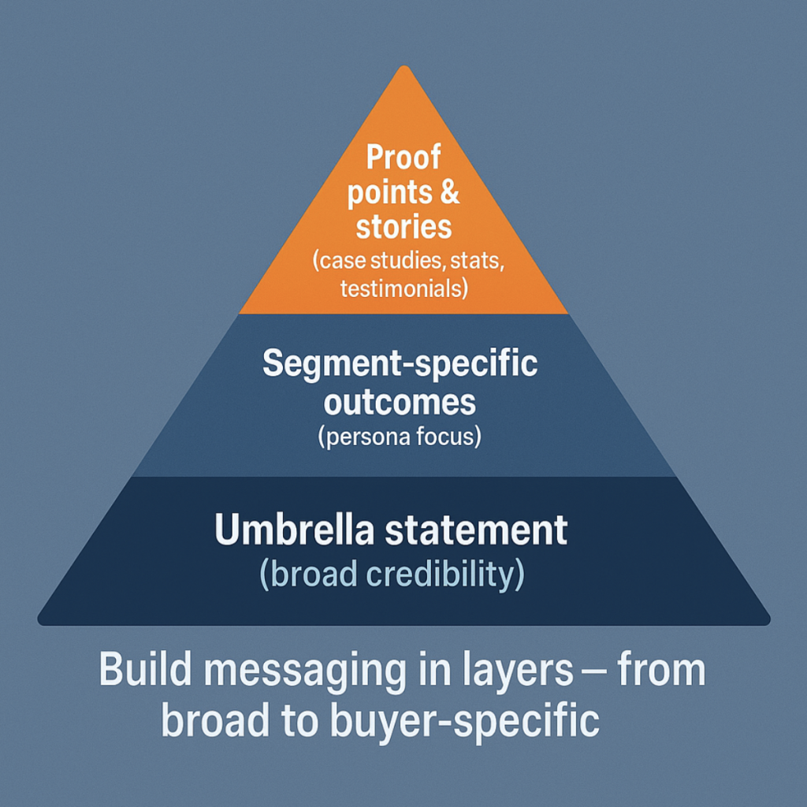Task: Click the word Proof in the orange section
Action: (x=403, y=158)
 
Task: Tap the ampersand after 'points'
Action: (x=451, y=193)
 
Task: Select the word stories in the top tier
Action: (x=403, y=227)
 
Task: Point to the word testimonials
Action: (x=403, y=288)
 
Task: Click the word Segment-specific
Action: (x=400, y=364)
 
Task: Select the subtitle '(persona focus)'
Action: (x=400, y=436)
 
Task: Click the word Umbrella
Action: (x=295, y=530)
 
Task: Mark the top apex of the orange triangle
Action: (x=403, y=68)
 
